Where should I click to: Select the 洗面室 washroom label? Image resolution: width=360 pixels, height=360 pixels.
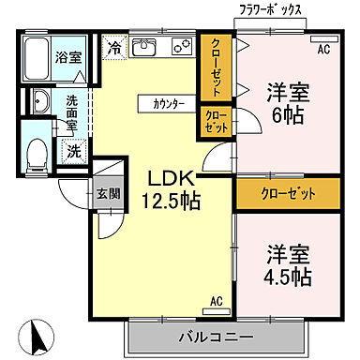click(x=71, y=106)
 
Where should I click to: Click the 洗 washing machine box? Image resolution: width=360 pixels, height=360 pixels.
click(x=73, y=149)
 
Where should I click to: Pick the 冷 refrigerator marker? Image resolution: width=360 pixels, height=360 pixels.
click(x=114, y=45)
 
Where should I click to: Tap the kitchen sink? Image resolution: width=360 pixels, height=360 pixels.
click(x=145, y=48)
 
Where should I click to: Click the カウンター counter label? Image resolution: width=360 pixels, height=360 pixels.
click(x=168, y=102)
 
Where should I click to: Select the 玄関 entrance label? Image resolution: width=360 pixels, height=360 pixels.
click(x=105, y=194)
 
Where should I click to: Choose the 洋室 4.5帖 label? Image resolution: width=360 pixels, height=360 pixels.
click(x=287, y=264)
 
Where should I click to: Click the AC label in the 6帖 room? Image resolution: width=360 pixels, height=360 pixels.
click(x=323, y=49)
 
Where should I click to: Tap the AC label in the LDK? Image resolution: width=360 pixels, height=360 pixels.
click(x=215, y=302)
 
